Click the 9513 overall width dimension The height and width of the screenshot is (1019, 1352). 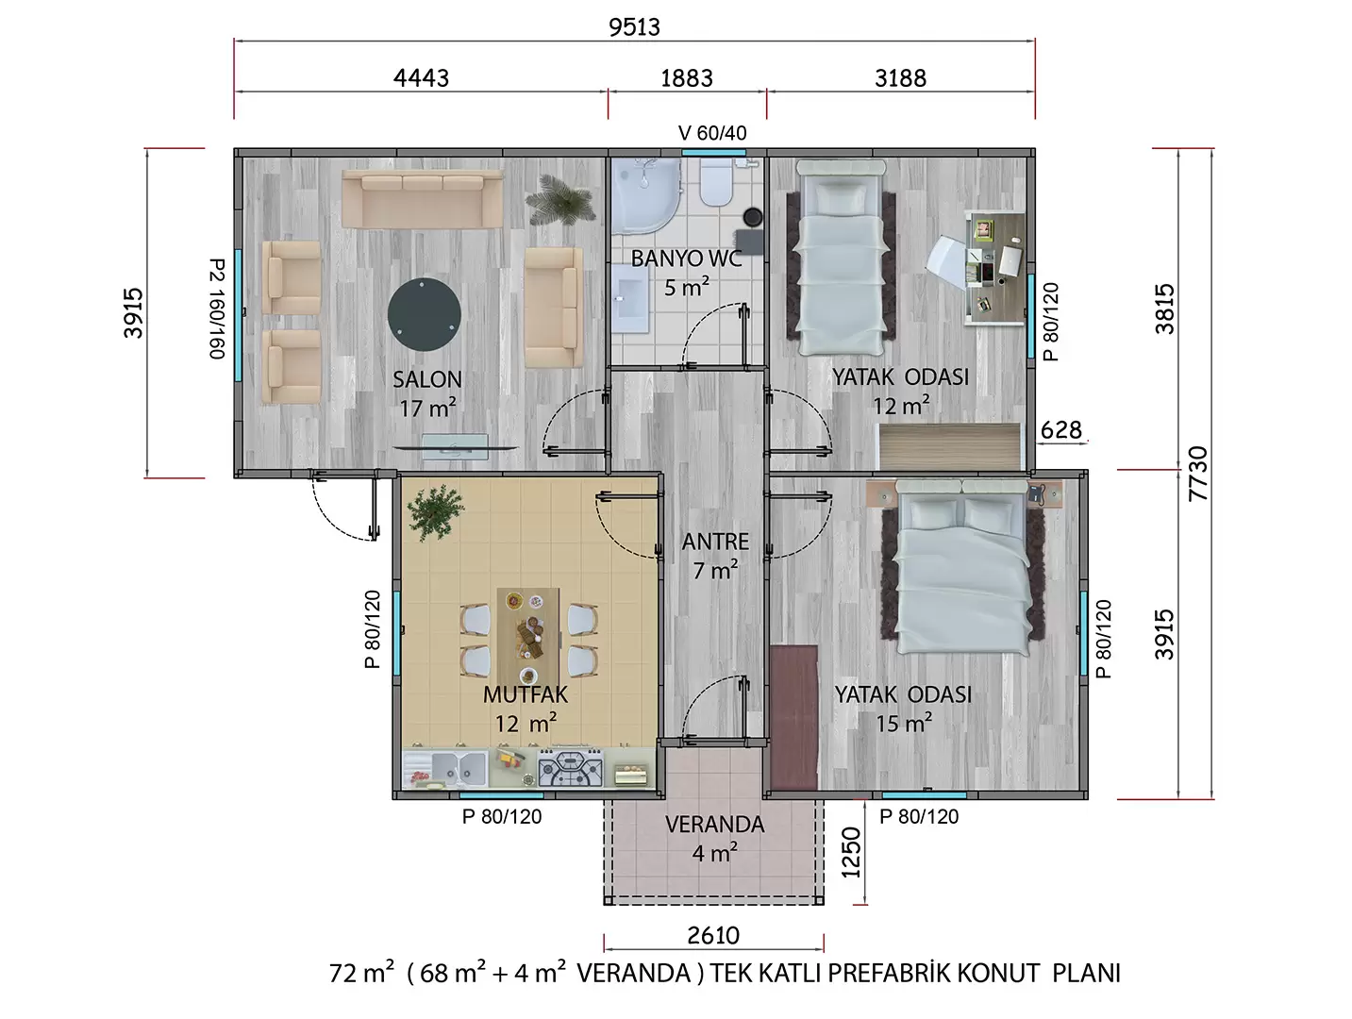[x=634, y=27]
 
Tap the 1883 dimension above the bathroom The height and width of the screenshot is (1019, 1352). [x=686, y=78]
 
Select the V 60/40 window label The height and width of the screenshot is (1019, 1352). [x=712, y=132]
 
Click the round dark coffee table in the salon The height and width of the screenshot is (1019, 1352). [x=424, y=314]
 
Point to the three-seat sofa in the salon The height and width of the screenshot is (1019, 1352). [x=423, y=199]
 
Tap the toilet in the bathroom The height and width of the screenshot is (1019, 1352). [x=715, y=182]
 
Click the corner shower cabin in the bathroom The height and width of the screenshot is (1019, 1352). [x=646, y=196]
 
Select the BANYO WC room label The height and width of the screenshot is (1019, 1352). [x=686, y=259]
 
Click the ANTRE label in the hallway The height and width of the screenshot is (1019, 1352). [x=715, y=542]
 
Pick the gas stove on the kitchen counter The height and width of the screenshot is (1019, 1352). [x=571, y=768]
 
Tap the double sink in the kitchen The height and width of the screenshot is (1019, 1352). [x=459, y=768]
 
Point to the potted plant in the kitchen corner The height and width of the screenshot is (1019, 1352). [x=436, y=511]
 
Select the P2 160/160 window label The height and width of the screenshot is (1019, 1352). [x=217, y=309]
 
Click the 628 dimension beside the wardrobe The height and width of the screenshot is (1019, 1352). [x=1060, y=429]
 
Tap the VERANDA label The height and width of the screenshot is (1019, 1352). [x=714, y=825]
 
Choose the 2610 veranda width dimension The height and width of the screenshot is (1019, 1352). [x=713, y=935]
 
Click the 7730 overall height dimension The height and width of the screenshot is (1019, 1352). [x=1198, y=474]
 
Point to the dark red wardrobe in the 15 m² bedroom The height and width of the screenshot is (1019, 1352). [x=793, y=717]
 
